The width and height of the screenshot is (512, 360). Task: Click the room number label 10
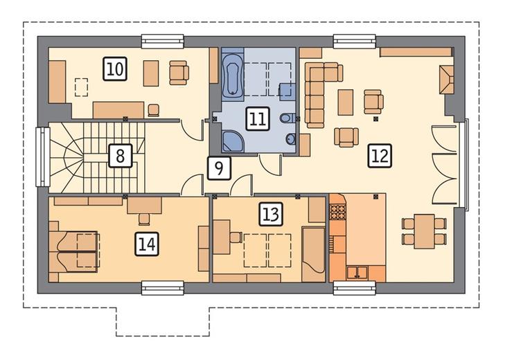tap(115, 69)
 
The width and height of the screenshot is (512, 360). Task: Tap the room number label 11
tap(258, 118)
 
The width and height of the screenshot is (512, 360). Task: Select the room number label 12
tap(380, 156)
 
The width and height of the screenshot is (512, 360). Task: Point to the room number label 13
tap(271, 214)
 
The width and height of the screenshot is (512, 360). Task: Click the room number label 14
tap(147, 244)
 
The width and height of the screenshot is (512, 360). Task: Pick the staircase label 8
tap(120, 155)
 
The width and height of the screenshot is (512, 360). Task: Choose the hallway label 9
tap(219, 168)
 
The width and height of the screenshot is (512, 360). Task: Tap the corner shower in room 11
tap(232, 141)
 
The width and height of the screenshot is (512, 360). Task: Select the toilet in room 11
tap(287, 118)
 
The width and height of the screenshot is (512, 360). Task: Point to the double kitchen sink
tap(357, 272)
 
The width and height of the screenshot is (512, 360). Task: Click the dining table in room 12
tap(424, 231)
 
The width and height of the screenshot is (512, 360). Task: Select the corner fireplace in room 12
tap(446, 80)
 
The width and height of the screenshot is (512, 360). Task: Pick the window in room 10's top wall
tap(163, 42)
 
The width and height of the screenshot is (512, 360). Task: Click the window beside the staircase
tap(42, 156)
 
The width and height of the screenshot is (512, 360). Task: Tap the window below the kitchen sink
tap(354, 288)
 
